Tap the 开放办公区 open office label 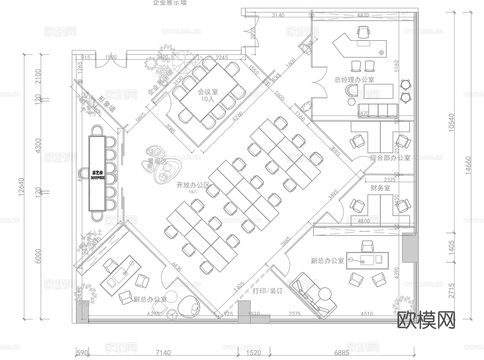click(x=193, y=185)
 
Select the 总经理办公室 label click(x=354, y=79)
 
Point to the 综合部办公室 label click(x=390, y=158)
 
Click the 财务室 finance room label click(x=380, y=188)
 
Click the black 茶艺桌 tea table click(x=97, y=173)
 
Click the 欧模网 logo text click(x=426, y=321)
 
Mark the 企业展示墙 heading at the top click(x=170, y=3)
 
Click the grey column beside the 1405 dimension click(x=410, y=248)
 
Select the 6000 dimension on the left click(x=38, y=255)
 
